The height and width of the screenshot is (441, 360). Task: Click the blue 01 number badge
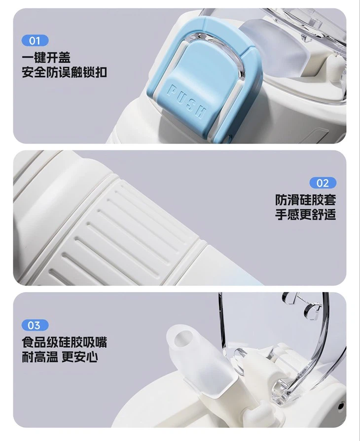tap(35, 40)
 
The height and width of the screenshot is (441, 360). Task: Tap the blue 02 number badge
tap(323, 183)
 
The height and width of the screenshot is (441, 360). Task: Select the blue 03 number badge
tap(35, 325)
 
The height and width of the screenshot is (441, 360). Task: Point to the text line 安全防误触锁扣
tap(64, 73)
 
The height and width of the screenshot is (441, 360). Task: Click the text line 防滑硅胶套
tap(305, 200)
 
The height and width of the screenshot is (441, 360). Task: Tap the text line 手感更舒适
tap(305, 216)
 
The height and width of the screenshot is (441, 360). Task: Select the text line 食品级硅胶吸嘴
tap(64, 342)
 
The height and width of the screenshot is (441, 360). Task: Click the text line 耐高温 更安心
tap(60, 358)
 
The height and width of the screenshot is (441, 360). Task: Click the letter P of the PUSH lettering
tap(173, 90)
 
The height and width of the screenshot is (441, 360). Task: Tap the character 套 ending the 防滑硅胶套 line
tap(329, 200)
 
